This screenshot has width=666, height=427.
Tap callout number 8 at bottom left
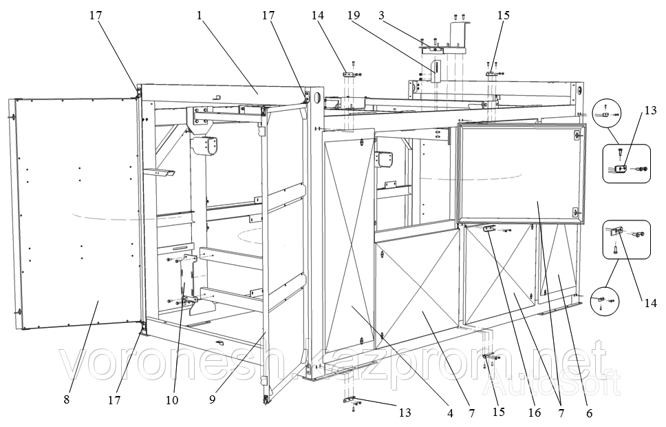click(x=66, y=399)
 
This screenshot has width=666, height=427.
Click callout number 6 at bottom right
click(x=589, y=413)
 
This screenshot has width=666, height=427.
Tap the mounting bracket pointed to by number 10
click(x=187, y=279)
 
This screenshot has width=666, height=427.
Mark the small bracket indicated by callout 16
click(x=491, y=229)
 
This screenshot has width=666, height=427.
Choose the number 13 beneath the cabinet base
click(x=405, y=413)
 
